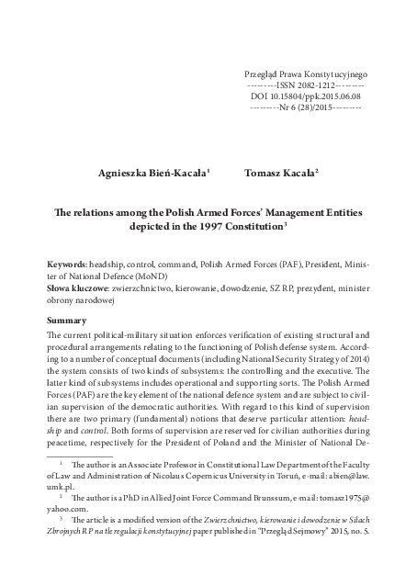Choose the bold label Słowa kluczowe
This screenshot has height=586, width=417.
click(81, 287)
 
